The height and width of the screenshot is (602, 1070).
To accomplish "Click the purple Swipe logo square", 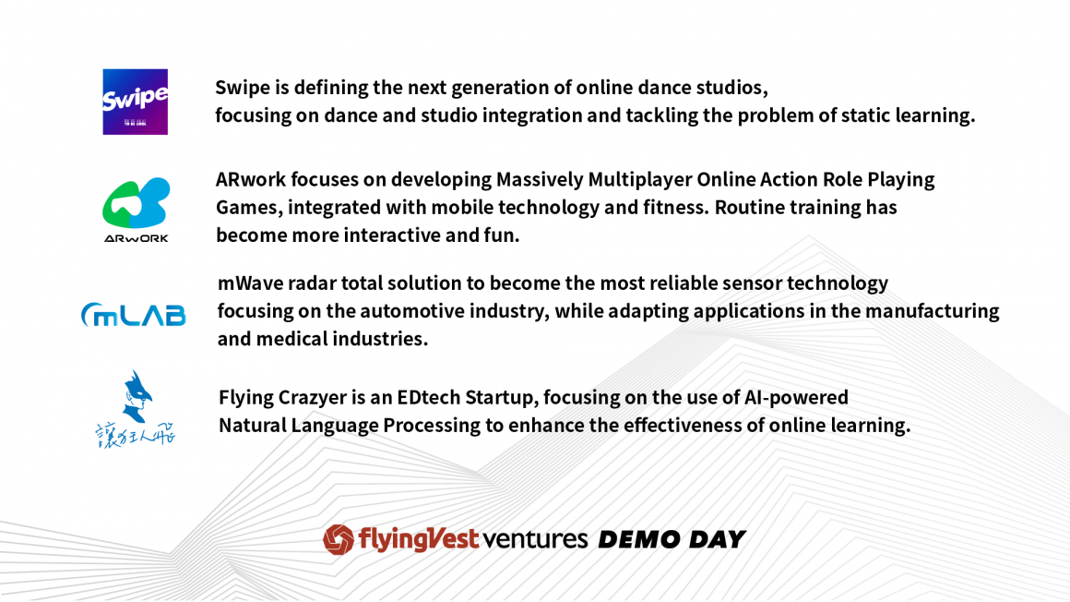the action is tap(135, 102).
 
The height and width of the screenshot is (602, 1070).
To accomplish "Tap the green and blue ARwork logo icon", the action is tap(136, 203).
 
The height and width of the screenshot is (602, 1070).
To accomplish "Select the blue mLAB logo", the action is tap(133, 314).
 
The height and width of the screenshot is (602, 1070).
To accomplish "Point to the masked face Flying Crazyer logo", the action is tap(136, 409).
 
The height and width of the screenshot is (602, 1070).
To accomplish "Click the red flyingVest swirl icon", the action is tap(339, 539).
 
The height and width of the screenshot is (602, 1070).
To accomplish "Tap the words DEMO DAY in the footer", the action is tap(672, 540).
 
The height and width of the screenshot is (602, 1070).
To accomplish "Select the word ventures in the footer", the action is tap(535, 540).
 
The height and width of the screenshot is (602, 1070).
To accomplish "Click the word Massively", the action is tap(540, 180).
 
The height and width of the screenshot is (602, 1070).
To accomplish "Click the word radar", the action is tap(312, 283).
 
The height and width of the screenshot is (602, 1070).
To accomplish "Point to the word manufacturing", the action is tap(933, 311).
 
